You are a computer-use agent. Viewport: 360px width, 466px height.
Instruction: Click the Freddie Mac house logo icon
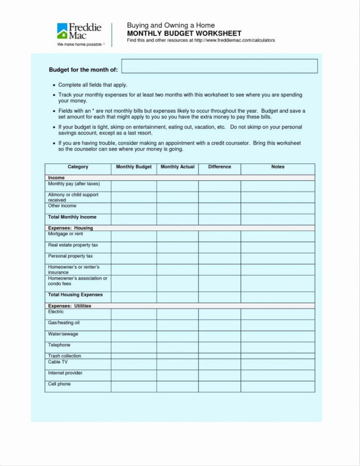[x=62, y=31]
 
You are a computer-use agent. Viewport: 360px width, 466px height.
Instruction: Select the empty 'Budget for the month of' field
[x=219, y=66]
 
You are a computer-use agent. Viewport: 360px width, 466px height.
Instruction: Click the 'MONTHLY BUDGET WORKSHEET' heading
[x=184, y=34]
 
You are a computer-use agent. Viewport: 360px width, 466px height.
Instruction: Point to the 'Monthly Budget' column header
[x=134, y=167]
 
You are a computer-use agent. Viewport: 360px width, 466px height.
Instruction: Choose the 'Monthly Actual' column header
[x=178, y=167]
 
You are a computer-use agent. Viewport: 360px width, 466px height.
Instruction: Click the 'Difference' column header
[x=219, y=167]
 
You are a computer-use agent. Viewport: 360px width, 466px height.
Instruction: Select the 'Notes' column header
[x=277, y=167]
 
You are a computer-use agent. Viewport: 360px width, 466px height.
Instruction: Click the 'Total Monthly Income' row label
[x=72, y=217]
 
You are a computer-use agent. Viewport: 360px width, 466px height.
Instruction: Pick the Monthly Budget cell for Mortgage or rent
[x=134, y=236]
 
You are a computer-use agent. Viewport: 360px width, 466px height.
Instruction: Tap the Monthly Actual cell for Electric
[x=178, y=314]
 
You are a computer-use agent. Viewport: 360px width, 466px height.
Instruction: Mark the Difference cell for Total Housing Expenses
[x=219, y=297]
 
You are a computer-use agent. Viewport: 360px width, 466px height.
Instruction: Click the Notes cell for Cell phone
[x=277, y=386]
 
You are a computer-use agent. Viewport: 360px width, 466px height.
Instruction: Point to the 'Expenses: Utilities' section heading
[x=70, y=306]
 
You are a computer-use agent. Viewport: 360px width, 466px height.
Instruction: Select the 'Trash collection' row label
[x=64, y=356]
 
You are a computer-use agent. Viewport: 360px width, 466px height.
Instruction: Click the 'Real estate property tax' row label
[x=73, y=245]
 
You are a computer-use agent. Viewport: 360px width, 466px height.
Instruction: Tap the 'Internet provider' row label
[x=65, y=373]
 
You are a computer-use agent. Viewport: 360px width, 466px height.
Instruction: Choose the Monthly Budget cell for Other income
[x=134, y=208]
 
